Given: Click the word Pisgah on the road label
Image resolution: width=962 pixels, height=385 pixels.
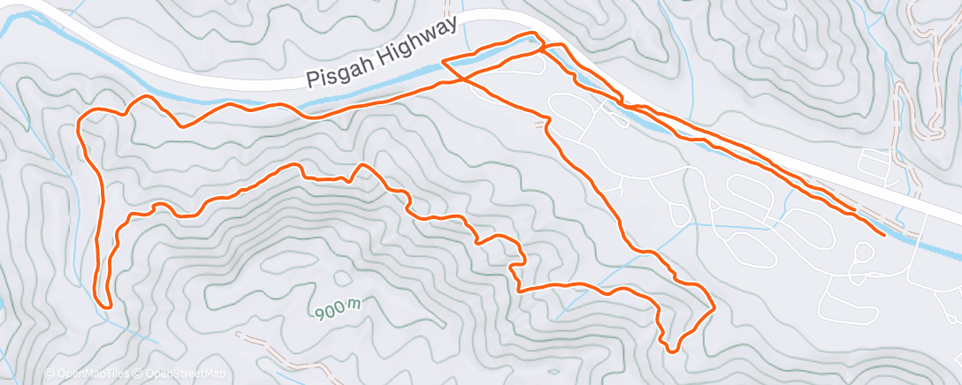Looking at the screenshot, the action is click(x=336, y=72).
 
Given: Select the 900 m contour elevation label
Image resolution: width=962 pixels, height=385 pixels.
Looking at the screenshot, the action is click(x=336, y=309).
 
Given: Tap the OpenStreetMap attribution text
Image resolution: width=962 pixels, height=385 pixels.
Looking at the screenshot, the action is click(x=185, y=374).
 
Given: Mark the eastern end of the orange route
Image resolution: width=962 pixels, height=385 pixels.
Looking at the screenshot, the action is click(x=884, y=234).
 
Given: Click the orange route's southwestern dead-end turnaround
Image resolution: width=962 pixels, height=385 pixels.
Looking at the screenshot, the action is click(x=107, y=306).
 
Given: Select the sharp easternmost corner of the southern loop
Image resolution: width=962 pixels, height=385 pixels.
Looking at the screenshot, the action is click(x=713, y=306).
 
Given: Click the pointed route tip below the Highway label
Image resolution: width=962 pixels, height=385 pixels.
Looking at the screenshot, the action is click(x=442, y=62).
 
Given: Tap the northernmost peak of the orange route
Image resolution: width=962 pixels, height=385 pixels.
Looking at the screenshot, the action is click(x=533, y=34).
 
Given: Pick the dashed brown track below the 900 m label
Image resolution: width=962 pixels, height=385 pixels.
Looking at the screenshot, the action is click(x=265, y=349).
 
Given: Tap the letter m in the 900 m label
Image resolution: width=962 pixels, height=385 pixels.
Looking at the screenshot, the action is click(x=354, y=305).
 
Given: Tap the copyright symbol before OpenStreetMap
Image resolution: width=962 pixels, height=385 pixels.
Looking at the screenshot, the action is click(x=141, y=374).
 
